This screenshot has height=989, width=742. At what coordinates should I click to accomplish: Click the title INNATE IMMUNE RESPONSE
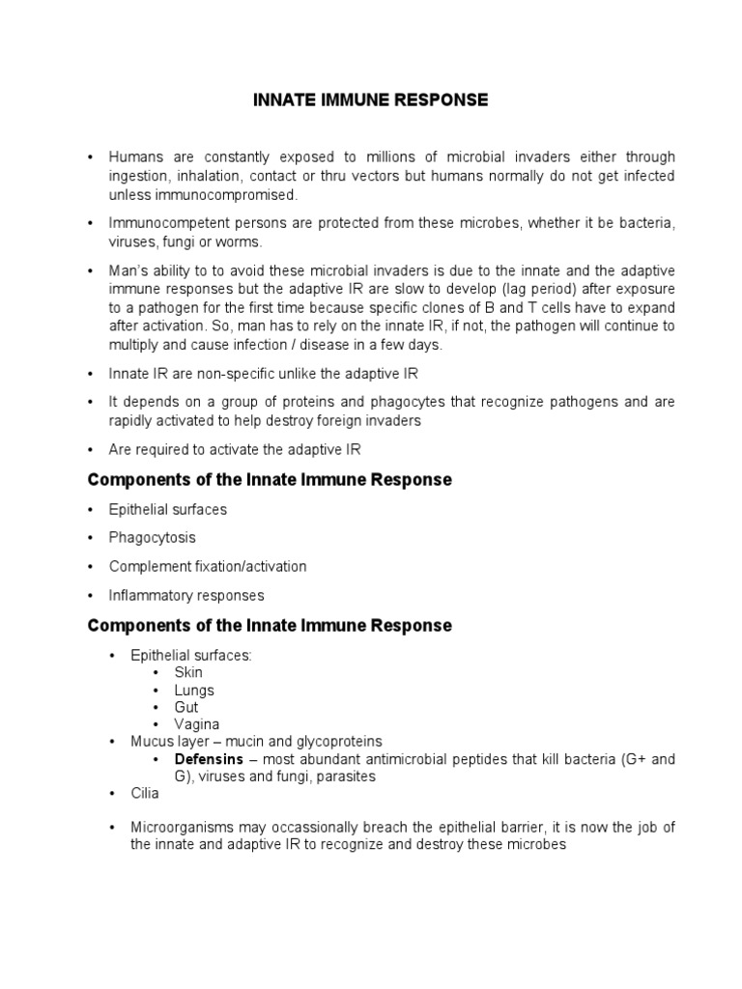(371, 100)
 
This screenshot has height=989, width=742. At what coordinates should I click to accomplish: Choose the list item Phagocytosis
(153, 537)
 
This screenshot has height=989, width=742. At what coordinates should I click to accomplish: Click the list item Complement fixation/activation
(208, 566)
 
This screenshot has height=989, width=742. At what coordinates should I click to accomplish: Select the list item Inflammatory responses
(186, 595)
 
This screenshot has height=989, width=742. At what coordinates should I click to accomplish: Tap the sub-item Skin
(188, 672)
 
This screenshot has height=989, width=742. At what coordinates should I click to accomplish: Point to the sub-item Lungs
(194, 690)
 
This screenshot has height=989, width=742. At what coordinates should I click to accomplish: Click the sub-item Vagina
(197, 724)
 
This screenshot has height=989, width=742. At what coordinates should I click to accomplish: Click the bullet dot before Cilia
(113, 794)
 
